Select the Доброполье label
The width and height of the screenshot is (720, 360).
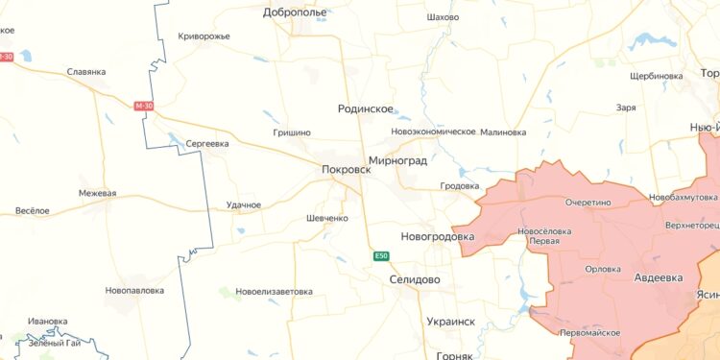[x=295, y=12]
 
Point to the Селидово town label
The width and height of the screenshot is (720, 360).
[x=415, y=279]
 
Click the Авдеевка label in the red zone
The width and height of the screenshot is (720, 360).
[x=659, y=276]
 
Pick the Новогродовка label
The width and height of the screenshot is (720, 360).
[x=437, y=236]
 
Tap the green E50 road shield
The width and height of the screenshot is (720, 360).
[x=382, y=255]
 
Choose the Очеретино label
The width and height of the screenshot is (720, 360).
[x=588, y=204]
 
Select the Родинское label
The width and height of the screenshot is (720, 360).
[x=367, y=109]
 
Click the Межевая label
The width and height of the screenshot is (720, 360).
[x=97, y=193]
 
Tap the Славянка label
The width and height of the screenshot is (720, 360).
[x=86, y=71]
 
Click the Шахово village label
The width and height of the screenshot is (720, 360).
[x=443, y=17]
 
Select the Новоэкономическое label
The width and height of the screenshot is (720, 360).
[x=434, y=132]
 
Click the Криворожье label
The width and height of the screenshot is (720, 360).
[x=204, y=36]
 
